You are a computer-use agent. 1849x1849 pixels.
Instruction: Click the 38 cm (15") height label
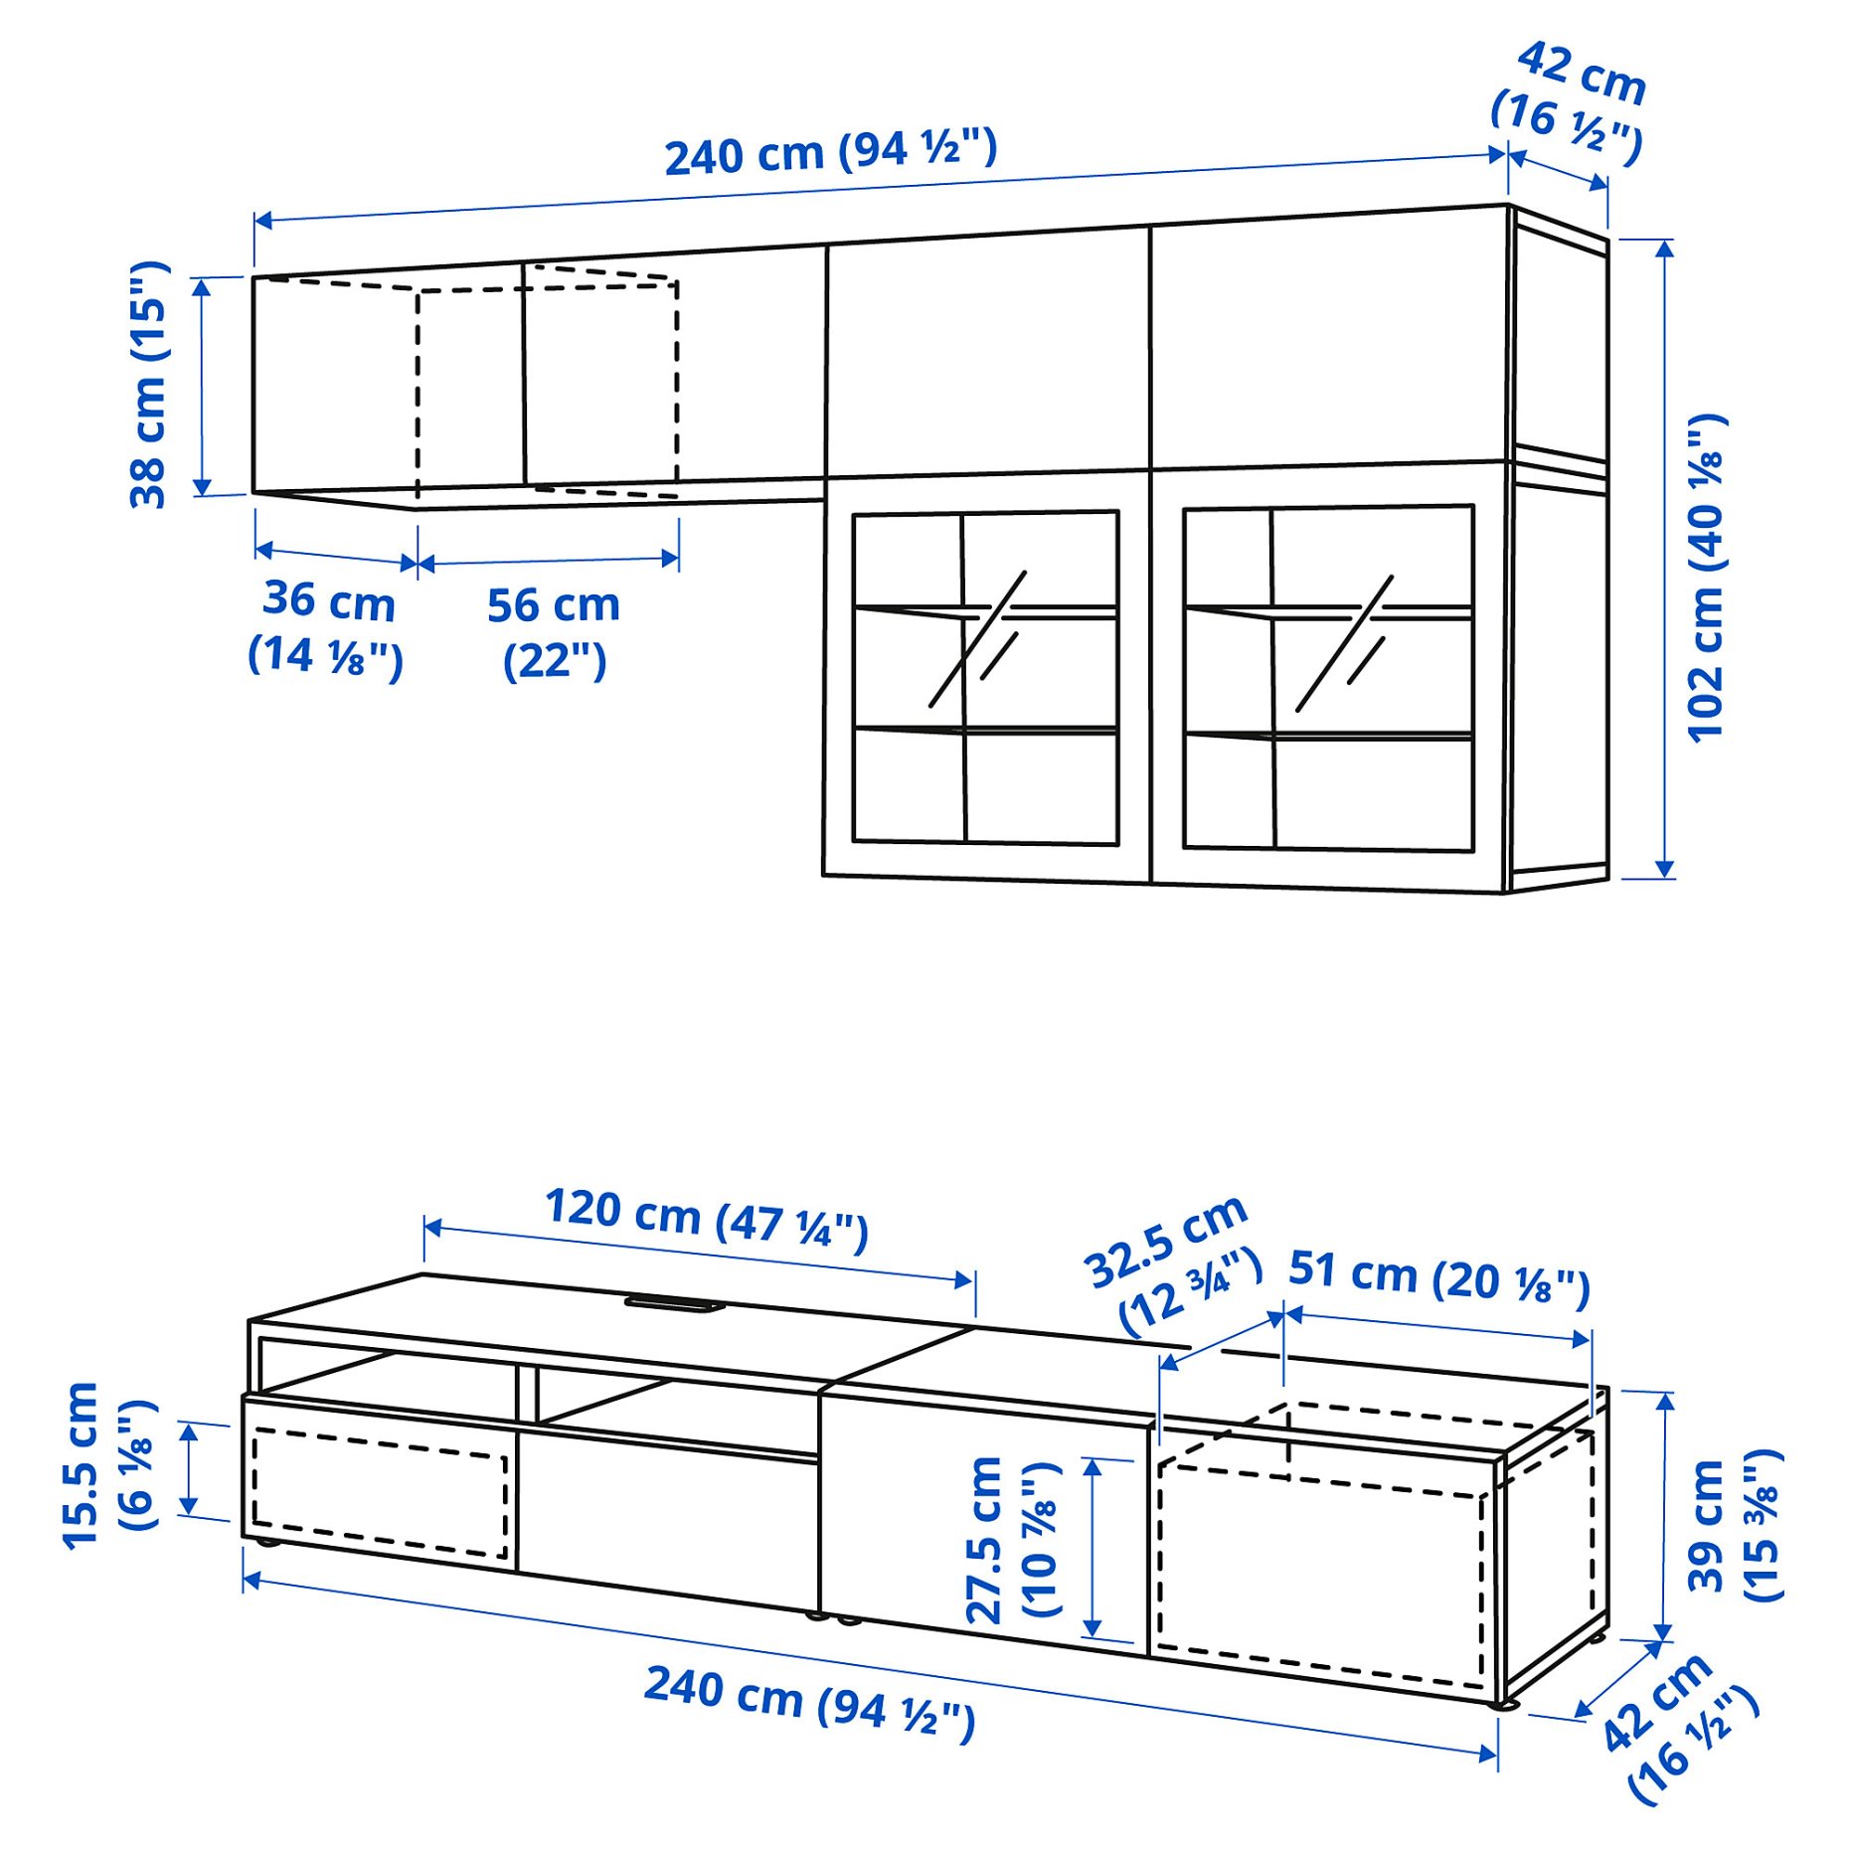click(x=149, y=386)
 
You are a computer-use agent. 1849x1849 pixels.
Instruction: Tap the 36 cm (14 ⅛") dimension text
click(x=326, y=628)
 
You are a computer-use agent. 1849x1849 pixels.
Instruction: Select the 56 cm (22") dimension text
click(x=554, y=633)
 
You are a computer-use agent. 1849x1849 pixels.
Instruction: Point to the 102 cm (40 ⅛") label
click(x=1707, y=577)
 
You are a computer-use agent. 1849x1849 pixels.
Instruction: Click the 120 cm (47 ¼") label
click(x=707, y=1219)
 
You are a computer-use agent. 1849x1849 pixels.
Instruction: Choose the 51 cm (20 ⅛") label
click(x=1438, y=1277)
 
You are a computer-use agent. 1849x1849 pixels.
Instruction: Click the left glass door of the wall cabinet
click(x=985, y=678)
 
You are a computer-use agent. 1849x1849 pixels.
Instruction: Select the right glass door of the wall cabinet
click(x=1327, y=678)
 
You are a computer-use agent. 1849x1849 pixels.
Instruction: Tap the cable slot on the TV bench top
click(x=672, y=1303)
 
